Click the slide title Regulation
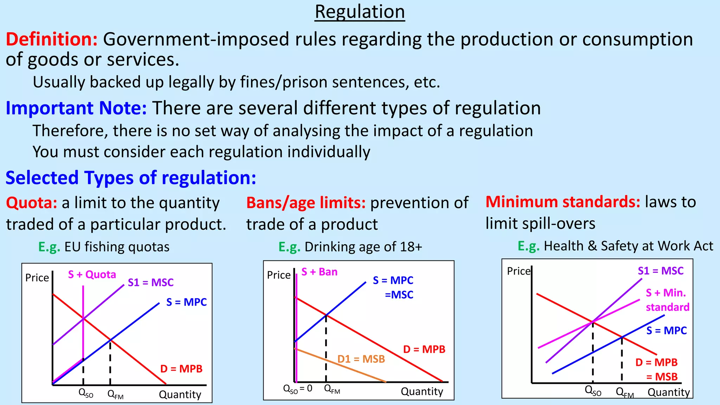coord(360,12)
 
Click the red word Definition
coord(51,39)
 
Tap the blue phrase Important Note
coord(76,108)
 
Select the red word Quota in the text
coord(31,203)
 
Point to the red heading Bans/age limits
coord(306,203)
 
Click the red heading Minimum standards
coord(562,202)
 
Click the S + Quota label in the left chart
coord(92,275)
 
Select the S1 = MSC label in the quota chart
coord(150,283)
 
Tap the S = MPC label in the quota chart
coord(186,302)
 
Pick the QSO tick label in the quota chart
coord(86,393)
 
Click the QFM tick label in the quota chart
coord(115,394)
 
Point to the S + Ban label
coord(319,272)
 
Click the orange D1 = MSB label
coord(361,359)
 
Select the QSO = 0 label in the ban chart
coord(297,388)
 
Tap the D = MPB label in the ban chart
coord(424,349)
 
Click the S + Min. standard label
coord(667,300)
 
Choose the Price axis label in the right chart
coord(518,271)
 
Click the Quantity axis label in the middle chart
coord(422,391)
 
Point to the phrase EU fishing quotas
coord(117,247)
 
